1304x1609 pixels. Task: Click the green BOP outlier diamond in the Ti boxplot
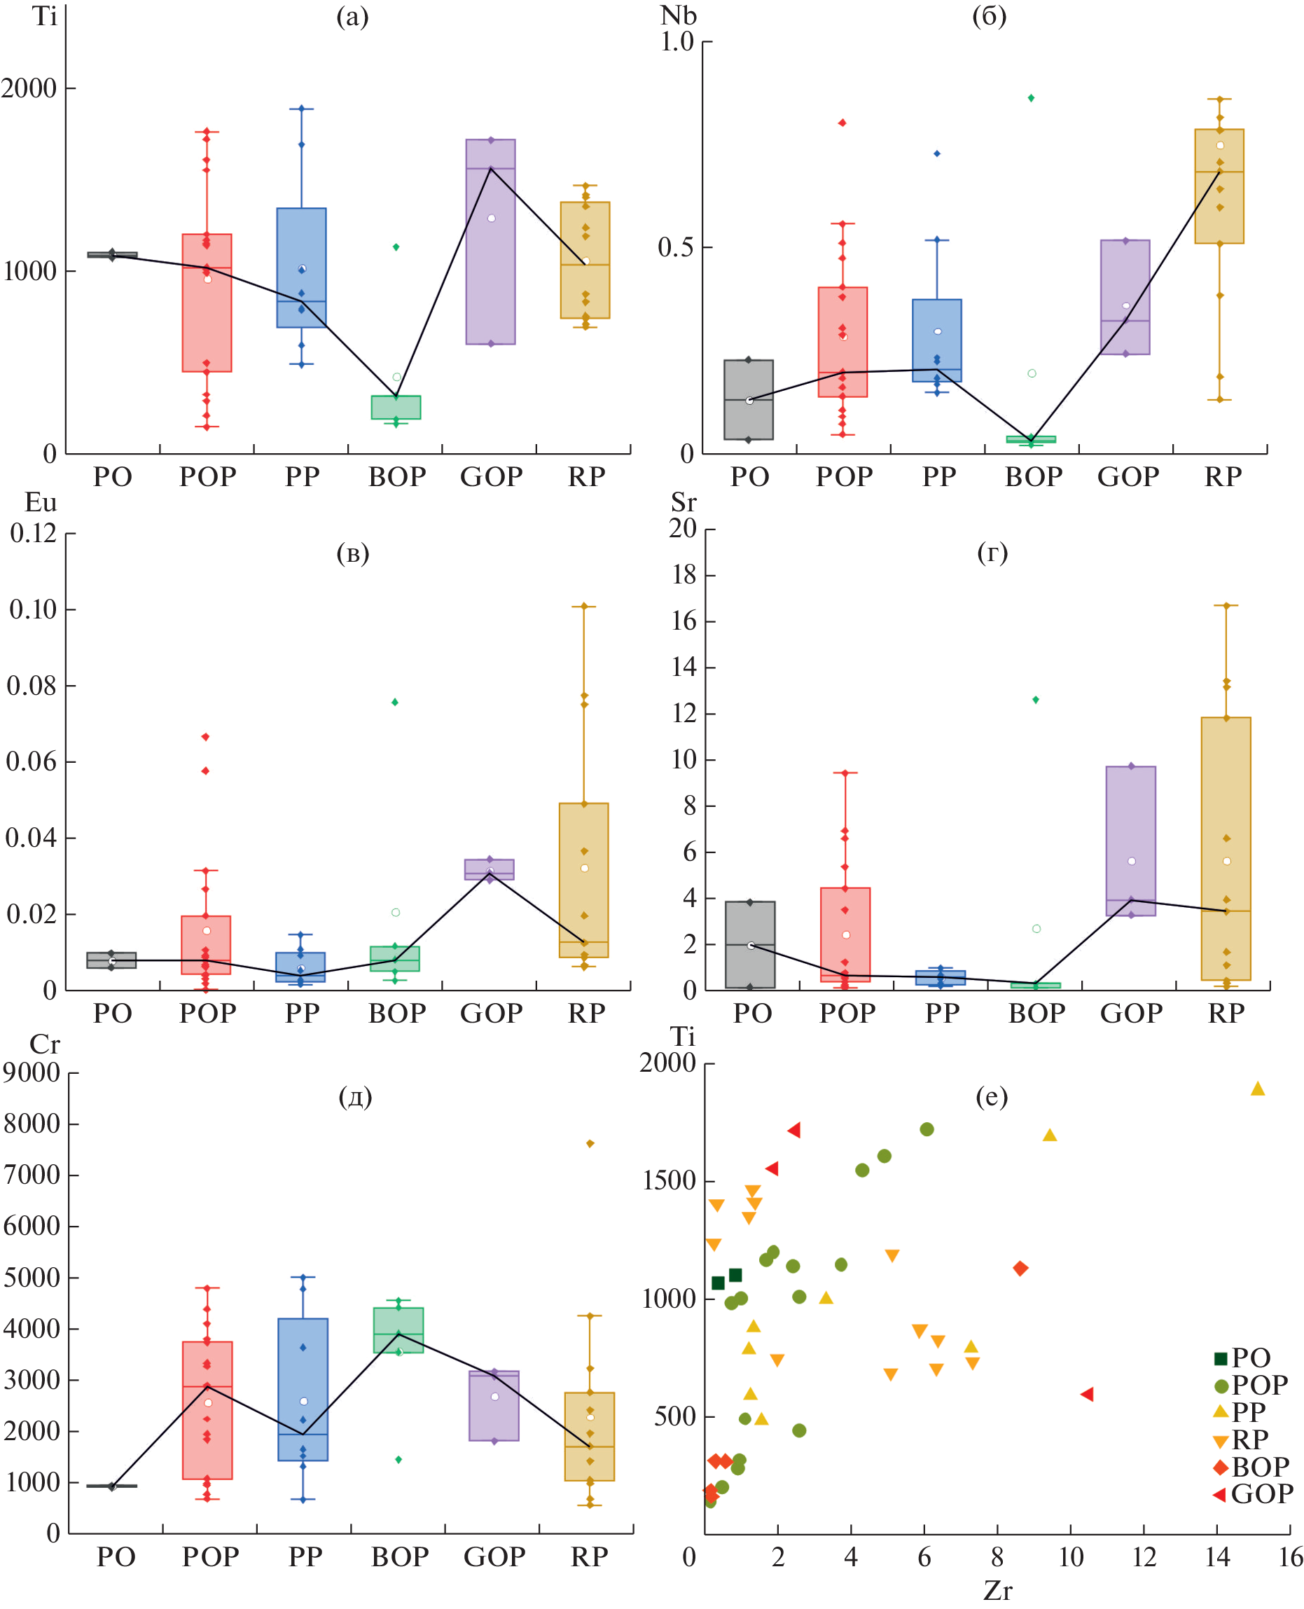(396, 247)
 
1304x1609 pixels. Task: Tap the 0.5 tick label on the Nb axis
(675, 247)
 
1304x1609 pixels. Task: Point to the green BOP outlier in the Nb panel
(1032, 98)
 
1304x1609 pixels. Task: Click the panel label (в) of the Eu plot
(352, 553)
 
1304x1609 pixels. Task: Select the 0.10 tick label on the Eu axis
(33, 609)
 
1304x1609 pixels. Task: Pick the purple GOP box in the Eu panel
(489, 869)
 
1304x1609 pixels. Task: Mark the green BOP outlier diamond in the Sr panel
(1036, 699)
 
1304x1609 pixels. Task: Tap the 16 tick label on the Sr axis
(684, 621)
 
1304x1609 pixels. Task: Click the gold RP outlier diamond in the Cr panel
(590, 1143)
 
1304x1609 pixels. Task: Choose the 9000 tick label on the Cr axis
(32, 1072)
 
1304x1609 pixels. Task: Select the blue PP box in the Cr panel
(303, 1390)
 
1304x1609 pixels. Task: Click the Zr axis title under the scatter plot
(997, 1591)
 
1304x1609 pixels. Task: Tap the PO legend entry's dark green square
(1221, 1358)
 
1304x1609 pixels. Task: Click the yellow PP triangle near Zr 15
(1258, 1089)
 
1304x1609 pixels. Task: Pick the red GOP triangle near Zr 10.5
(1086, 1394)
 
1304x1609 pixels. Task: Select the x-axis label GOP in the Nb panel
(1128, 477)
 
